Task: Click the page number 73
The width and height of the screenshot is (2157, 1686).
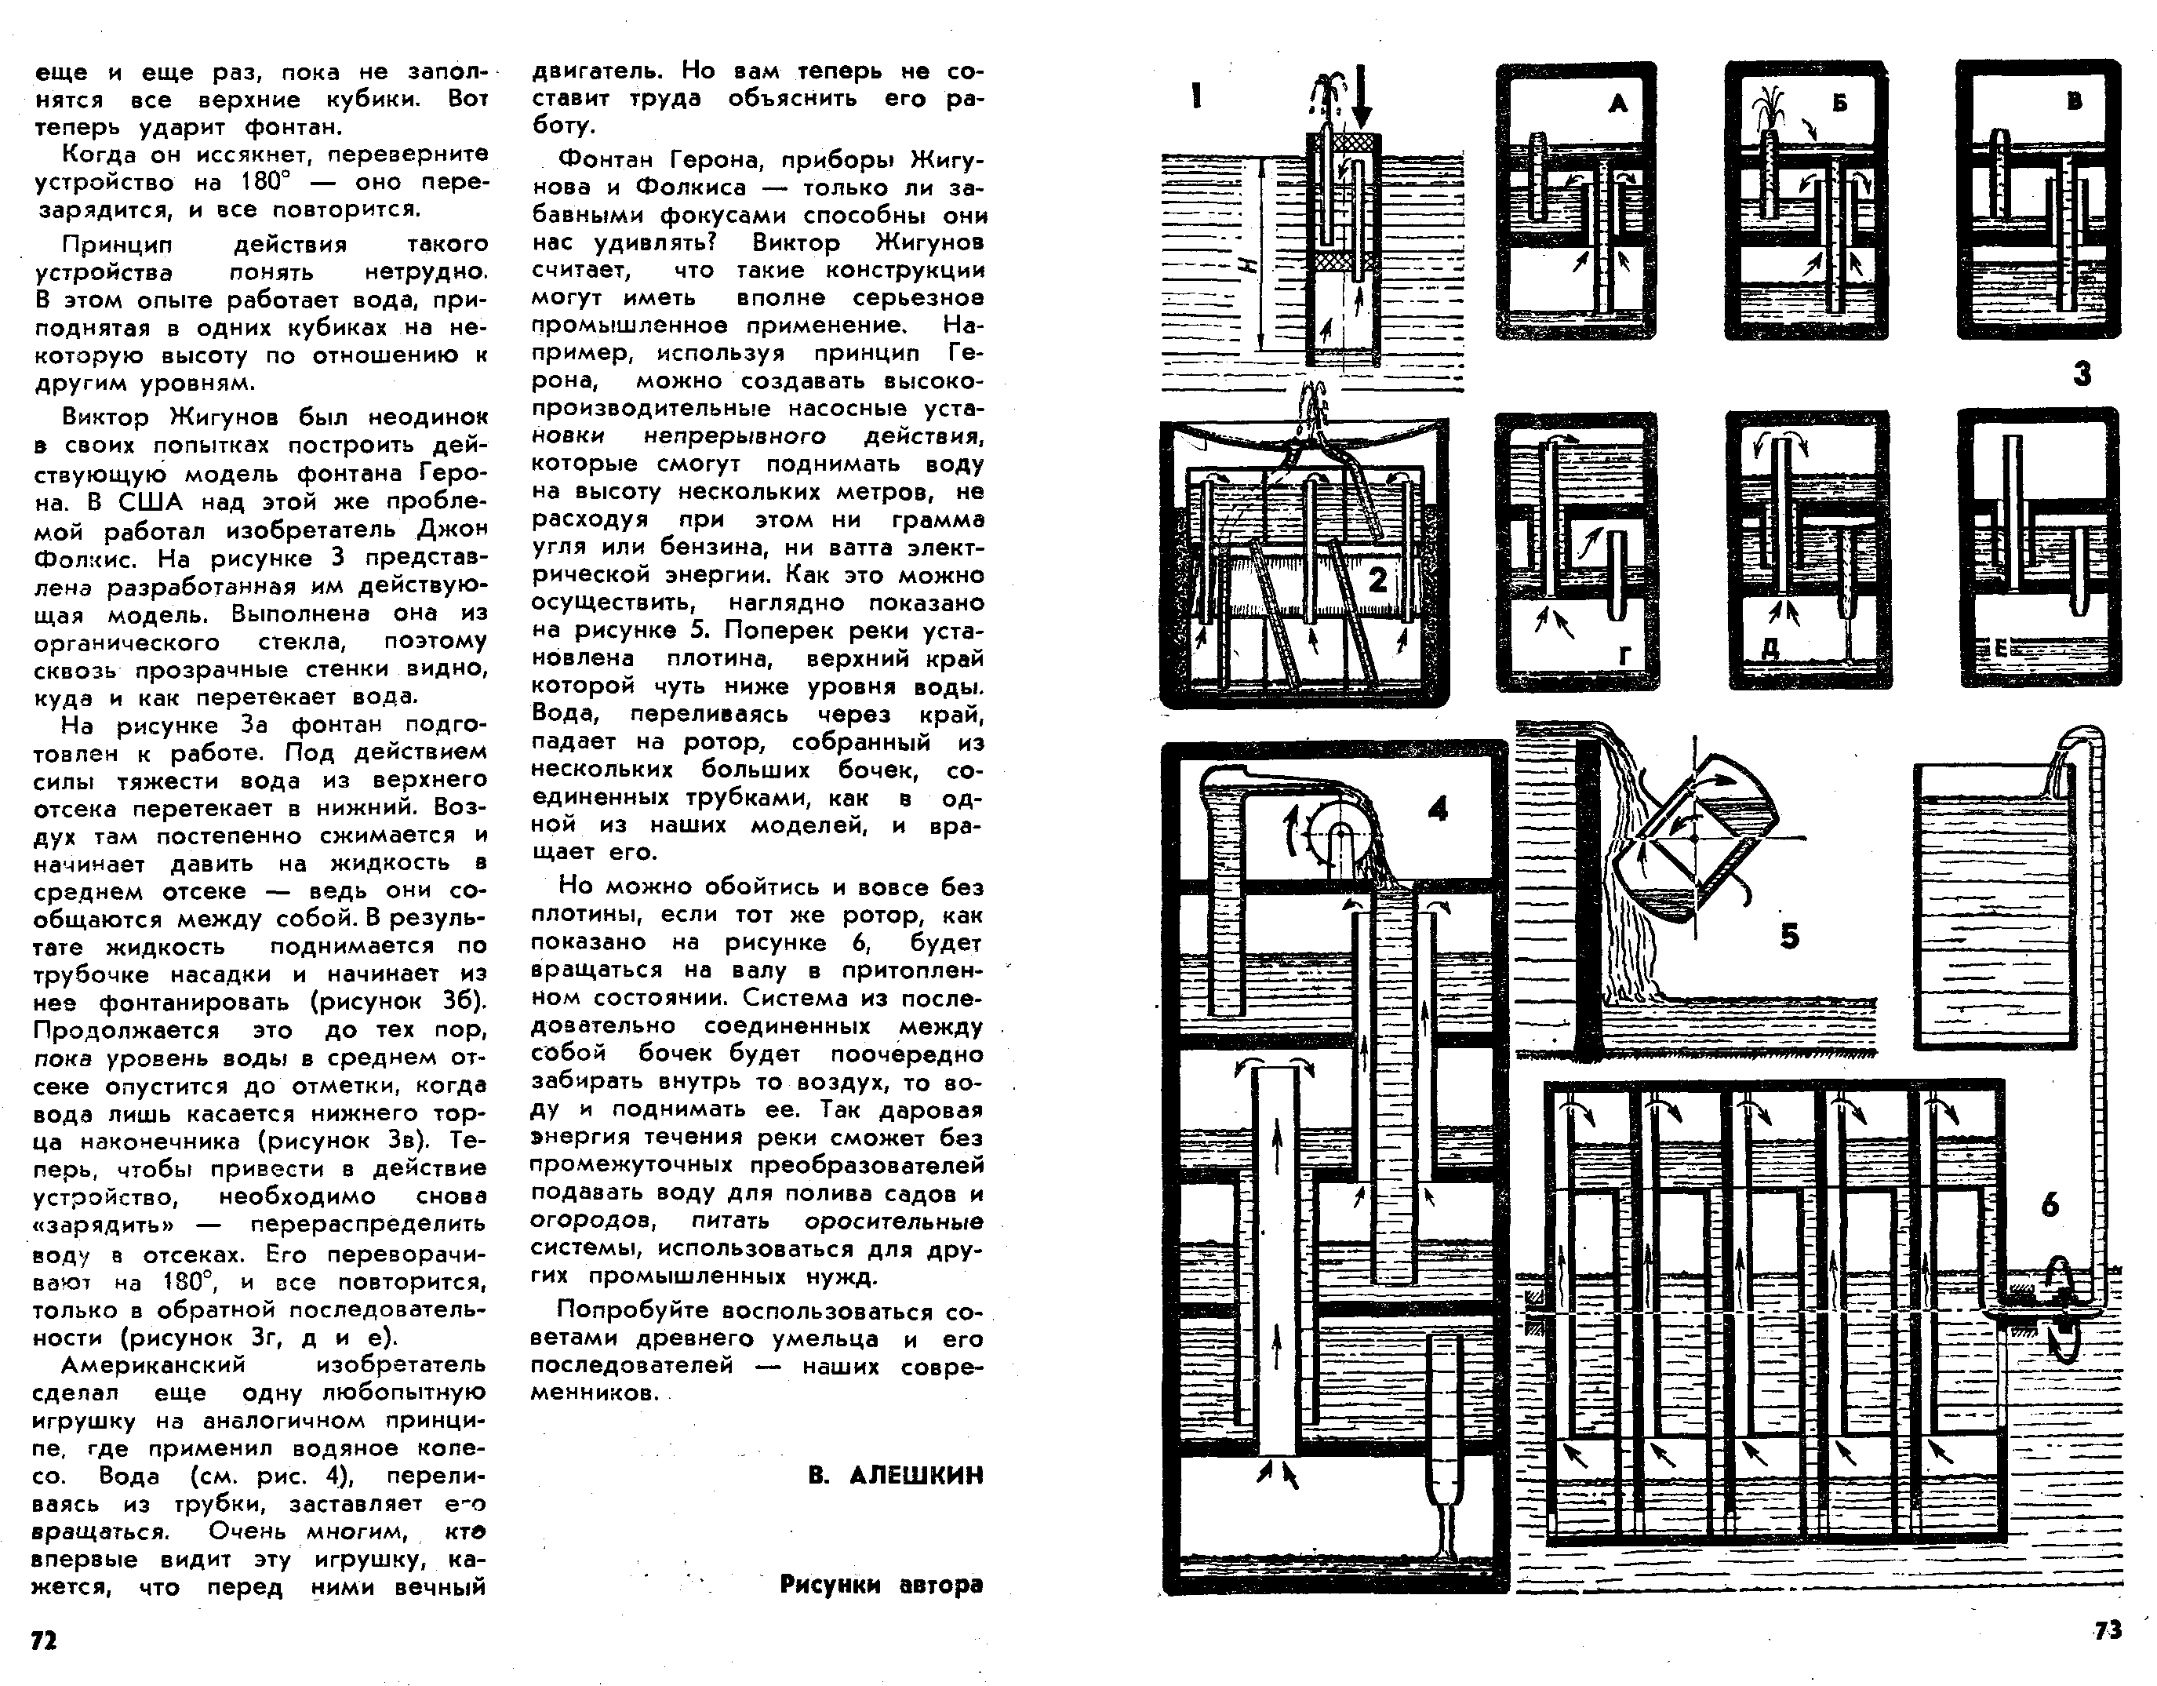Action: (x=2108, y=1630)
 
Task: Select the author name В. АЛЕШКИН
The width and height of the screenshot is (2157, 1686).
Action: (x=896, y=1476)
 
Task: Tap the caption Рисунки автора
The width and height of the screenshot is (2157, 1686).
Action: (x=881, y=1584)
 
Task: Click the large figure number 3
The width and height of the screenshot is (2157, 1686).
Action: (x=2082, y=374)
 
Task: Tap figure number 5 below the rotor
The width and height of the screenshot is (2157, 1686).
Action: (x=1790, y=935)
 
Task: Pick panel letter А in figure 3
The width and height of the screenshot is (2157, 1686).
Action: (x=1617, y=103)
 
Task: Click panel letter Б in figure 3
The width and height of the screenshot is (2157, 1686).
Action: (x=1840, y=103)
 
